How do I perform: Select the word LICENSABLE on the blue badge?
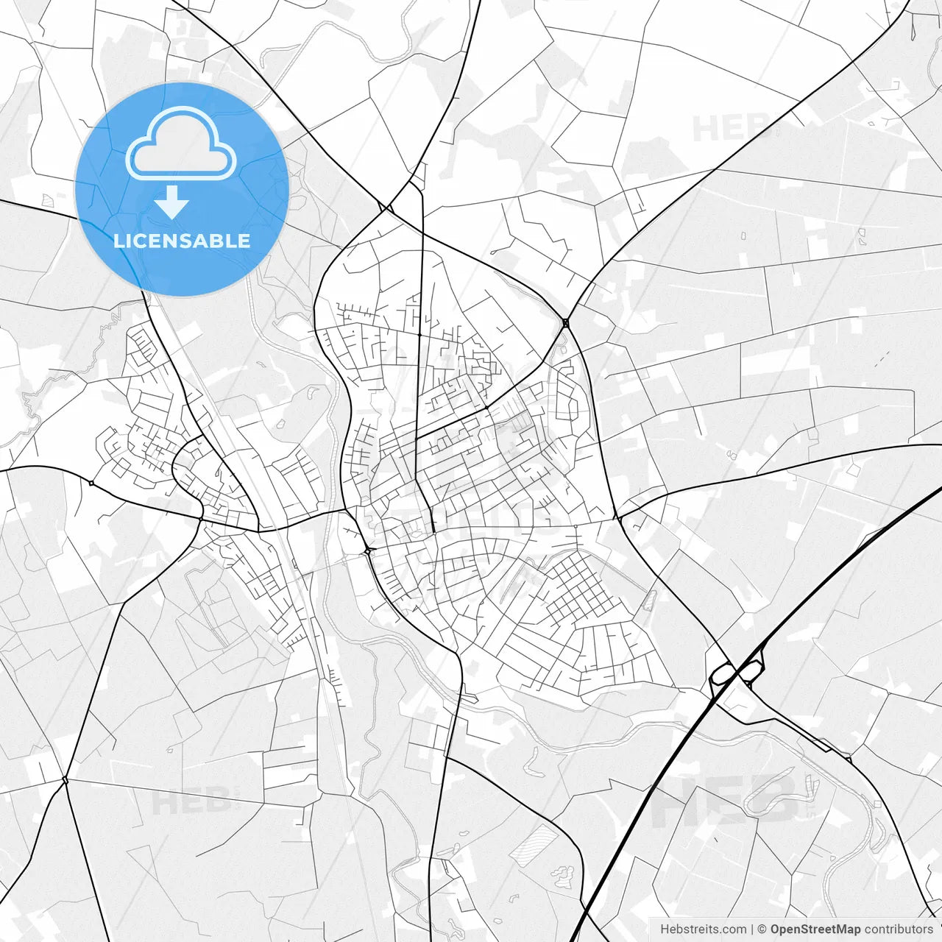(x=182, y=241)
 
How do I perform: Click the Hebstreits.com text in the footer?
(x=703, y=929)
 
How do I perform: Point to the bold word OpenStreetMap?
(x=815, y=929)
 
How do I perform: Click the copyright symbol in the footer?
(x=762, y=929)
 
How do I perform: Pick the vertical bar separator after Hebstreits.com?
(x=752, y=929)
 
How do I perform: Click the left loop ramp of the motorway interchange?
(x=722, y=672)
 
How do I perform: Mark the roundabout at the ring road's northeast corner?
(x=565, y=322)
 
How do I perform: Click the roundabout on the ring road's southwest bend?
(x=367, y=550)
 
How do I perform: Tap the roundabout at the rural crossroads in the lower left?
(x=65, y=779)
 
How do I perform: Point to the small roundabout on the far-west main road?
(x=91, y=483)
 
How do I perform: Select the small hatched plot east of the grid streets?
(x=648, y=602)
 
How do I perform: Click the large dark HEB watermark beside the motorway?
(x=725, y=800)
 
